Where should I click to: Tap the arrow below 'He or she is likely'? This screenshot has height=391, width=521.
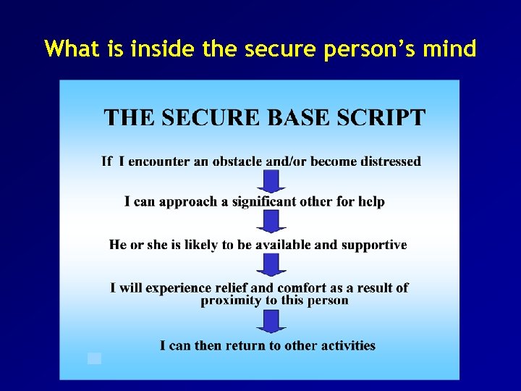271,264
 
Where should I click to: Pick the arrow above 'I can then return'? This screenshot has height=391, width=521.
271,321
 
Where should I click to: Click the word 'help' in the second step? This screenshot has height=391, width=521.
371,201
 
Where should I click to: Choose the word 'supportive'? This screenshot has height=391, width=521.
374,245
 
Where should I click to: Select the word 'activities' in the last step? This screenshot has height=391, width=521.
347,345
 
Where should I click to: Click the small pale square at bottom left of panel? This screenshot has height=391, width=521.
94,358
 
